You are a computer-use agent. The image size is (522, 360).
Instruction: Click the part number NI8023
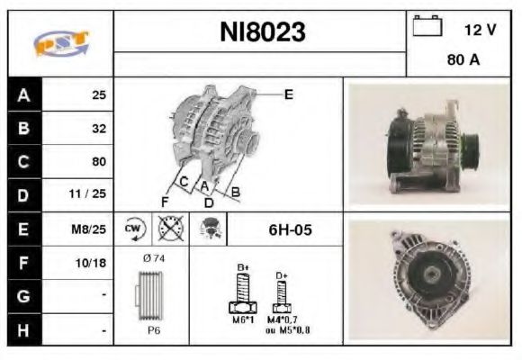pos(263,33)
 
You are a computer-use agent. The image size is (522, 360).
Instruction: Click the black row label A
pos(24,94)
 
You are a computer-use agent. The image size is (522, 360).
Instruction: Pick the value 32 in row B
pos(98,129)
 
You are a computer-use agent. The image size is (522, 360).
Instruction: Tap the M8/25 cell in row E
pos(91,229)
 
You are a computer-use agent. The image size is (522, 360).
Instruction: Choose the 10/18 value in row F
pos(93,264)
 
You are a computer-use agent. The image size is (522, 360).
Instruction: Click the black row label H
pos(24,330)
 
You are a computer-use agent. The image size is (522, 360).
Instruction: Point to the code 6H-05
pos(290,229)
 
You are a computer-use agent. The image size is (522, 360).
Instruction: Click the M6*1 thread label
pos(243,319)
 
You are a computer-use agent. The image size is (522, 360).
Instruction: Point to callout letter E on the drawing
pos(288,93)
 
